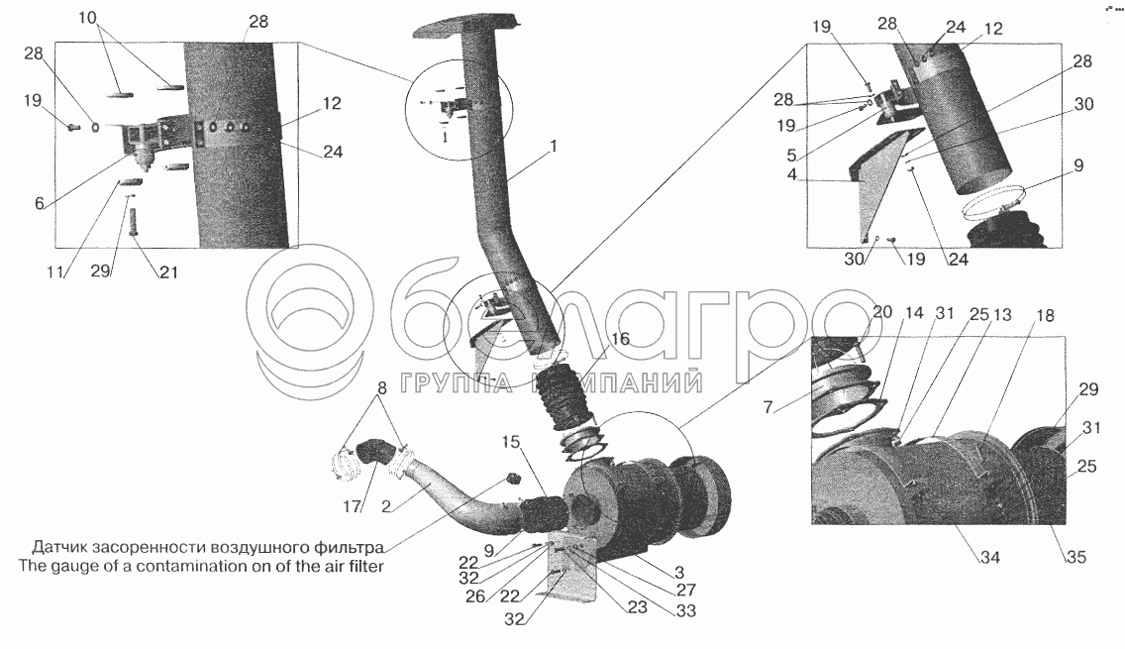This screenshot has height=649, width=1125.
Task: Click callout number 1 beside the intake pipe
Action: (553, 148)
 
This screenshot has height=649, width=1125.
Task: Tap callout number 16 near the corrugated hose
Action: (621, 338)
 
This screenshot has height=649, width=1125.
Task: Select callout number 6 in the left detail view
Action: (39, 204)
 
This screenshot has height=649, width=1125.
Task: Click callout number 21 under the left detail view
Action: (168, 272)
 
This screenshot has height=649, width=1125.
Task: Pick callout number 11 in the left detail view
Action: (55, 272)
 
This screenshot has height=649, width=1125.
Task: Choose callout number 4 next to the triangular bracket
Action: (792, 175)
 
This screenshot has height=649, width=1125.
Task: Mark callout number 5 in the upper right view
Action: (791, 155)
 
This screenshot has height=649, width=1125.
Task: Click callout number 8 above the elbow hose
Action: (381, 388)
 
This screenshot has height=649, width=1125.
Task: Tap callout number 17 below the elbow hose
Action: (352, 507)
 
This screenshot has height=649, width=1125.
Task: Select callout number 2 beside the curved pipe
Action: (386, 507)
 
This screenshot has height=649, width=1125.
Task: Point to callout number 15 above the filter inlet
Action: (511, 443)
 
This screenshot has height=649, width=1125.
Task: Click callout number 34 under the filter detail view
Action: (990, 557)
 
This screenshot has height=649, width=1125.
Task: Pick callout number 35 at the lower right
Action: (1076, 557)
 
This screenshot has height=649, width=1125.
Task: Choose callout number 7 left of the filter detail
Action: (767, 408)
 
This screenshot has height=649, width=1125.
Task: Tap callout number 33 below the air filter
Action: (686, 611)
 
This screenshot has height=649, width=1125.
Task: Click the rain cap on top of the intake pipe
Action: (464, 25)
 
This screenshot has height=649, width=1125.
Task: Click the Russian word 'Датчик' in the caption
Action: (56, 547)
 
